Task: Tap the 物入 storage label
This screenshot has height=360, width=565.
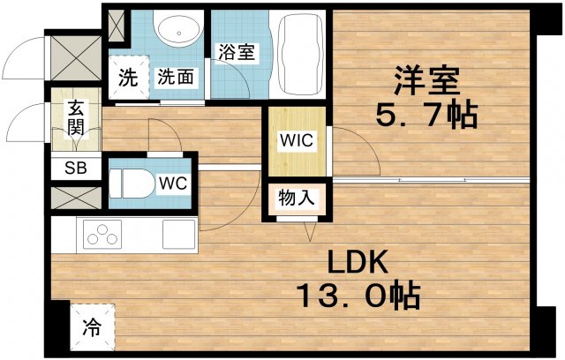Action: (297, 198)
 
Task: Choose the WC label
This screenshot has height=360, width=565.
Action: (171, 184)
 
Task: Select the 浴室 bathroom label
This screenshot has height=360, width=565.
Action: (236, 52)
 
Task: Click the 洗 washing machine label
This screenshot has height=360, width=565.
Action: (127, 77)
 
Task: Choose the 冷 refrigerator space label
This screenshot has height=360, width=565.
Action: (93, 326)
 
